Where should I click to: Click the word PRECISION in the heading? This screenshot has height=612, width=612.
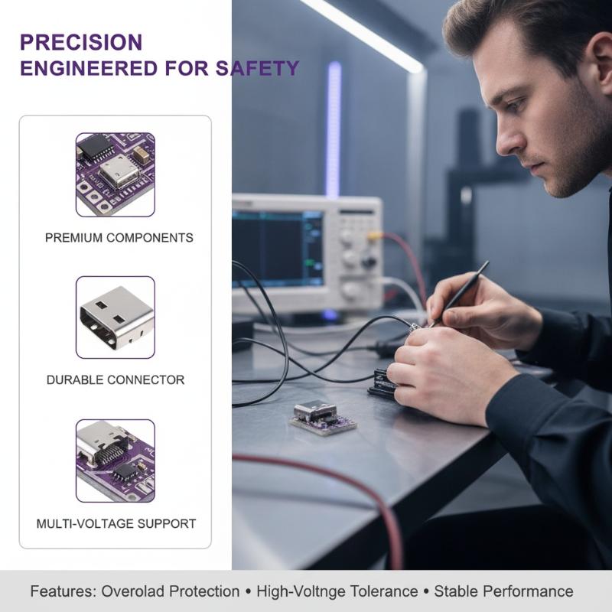tap(81, 42)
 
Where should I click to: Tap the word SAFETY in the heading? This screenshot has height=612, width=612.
tap(258, 68)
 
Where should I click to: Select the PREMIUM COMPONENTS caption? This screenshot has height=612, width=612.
tap(119, 238)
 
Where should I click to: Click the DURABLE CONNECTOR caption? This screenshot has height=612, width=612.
tap(116, 379)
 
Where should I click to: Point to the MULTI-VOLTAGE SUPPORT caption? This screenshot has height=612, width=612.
tap(116, 523)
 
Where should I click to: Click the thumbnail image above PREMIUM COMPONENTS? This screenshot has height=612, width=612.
tap(116, 174)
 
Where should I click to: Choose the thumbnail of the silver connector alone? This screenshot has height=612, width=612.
tap(116, 317)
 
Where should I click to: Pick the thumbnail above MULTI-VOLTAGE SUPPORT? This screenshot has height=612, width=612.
tap(116, 461)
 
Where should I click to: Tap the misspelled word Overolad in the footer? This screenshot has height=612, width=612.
tap(171, 591)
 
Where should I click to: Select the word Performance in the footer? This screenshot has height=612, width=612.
tap(529, 591)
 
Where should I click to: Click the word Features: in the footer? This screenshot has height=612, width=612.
tap(63, 591)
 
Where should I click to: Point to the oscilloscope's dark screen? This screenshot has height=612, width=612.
tap(278, 249)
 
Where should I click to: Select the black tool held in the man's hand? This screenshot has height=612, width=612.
tap(460, 294)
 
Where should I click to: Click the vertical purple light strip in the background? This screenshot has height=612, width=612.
tap(334, 129)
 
